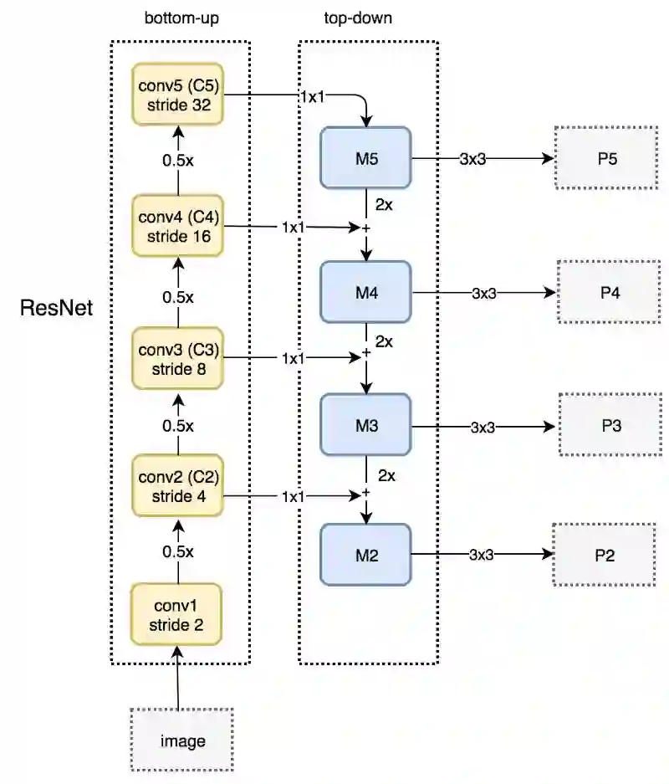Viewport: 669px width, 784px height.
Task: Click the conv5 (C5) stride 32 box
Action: point(178,94)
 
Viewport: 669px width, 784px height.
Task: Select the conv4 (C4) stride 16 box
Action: point(178,226)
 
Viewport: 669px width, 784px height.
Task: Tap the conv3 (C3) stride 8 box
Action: point(178,358)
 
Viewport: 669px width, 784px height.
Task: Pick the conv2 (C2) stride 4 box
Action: point(178,485)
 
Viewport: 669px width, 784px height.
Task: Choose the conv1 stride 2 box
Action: point(176,614)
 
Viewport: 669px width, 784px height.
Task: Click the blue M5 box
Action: point(365,158)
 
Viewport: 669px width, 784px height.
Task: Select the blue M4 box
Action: point(365,292)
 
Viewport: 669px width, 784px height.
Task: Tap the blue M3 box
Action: point(365,425)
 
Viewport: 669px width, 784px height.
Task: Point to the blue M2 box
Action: point(365,555)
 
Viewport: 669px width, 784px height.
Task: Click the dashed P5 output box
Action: point(606,158)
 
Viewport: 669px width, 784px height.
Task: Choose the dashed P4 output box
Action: point(609,292)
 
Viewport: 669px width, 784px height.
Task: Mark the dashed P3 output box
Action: point(610,425)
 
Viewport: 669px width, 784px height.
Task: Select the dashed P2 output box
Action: point(604,555)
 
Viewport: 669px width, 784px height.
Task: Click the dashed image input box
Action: point(181,740)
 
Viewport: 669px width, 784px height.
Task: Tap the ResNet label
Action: point(57,308)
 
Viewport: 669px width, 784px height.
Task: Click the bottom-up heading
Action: point(181,18)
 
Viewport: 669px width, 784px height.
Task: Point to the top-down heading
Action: point(358,18)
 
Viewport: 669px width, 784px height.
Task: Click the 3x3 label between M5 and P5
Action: point(472,159)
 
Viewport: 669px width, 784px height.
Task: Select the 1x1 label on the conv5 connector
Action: point(312,96)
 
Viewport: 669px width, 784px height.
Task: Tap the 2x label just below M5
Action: point(384,204)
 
